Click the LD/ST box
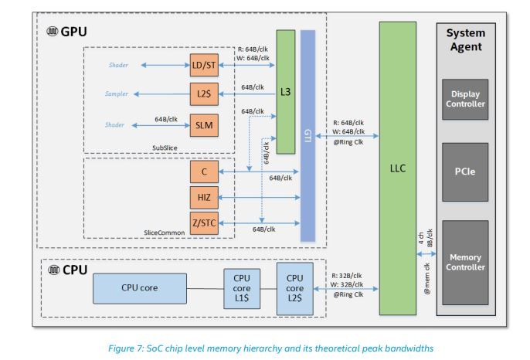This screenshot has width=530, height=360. (204, 65)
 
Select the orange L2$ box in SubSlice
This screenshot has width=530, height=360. (204, 94)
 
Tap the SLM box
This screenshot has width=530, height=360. (204, 124)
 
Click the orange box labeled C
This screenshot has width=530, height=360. (204, 172)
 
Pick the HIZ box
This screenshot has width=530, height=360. (204, 198)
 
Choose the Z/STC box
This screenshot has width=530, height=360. (204, 224)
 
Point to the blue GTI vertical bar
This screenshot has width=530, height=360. (307, 136)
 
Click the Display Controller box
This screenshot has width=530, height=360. (465, 99)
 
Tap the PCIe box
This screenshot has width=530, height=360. (465, 172)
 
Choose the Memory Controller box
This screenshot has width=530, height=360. (465, 263)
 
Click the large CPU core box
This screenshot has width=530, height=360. (140, 288)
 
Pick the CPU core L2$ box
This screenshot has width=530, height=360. (295, 288)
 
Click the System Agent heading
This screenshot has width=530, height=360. (466, 40)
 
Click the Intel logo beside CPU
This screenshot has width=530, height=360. (54, 270)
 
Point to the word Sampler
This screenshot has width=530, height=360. (116, 94)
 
